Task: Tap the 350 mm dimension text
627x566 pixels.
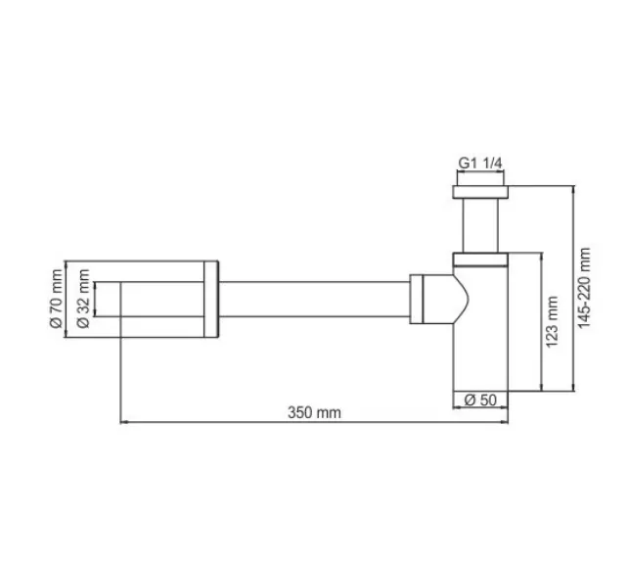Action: point(314,412)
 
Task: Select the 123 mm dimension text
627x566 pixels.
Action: point(553,318)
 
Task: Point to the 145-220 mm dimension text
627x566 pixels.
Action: point(584,287)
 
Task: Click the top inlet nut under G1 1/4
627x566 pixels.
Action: point(480,188)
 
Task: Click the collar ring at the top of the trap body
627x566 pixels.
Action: point(480,260)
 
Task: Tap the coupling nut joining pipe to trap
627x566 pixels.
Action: point(418,299)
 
